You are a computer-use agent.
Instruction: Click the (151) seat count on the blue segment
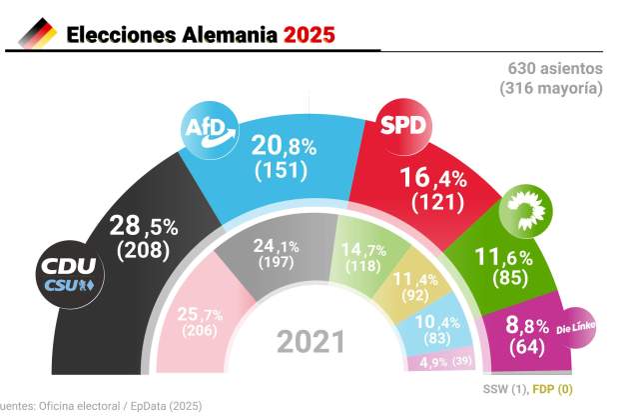coord(285,170)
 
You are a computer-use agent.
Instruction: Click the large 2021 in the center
coord(311,344)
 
